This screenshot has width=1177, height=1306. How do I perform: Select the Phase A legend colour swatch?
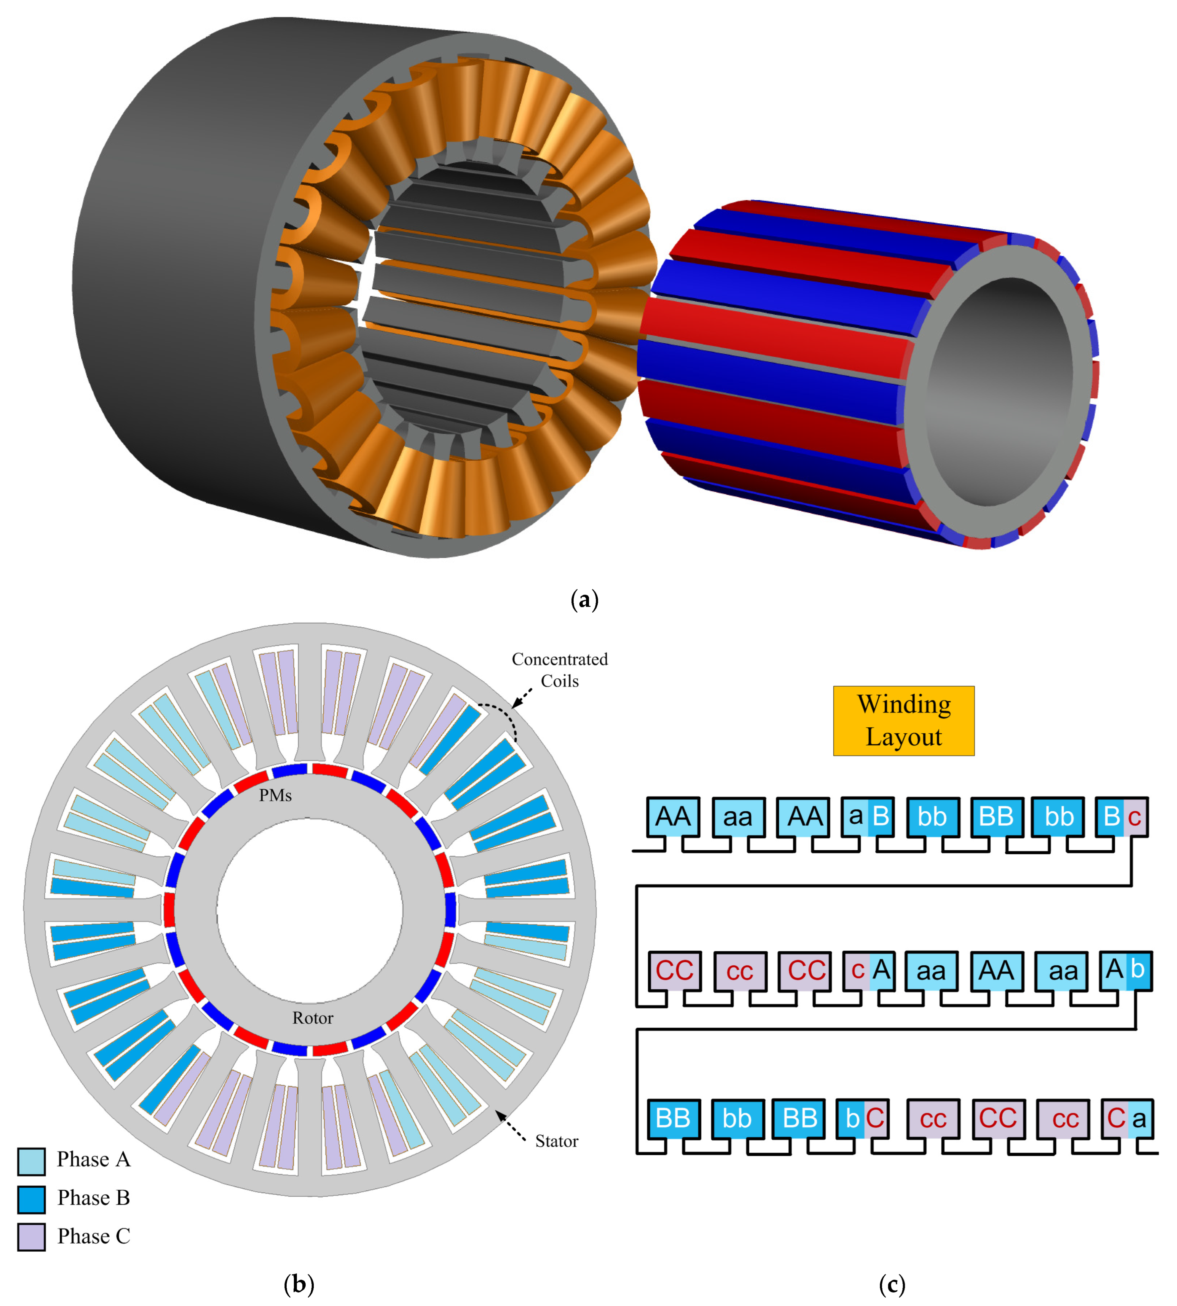coord(31,1161)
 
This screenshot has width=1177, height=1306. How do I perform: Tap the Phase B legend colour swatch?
coord(31,1199)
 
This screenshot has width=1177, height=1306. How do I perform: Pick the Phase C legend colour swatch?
coord(31,1237)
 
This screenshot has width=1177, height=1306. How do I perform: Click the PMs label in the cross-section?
coord(276,796)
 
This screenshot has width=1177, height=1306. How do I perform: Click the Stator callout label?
coord(556,1141)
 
